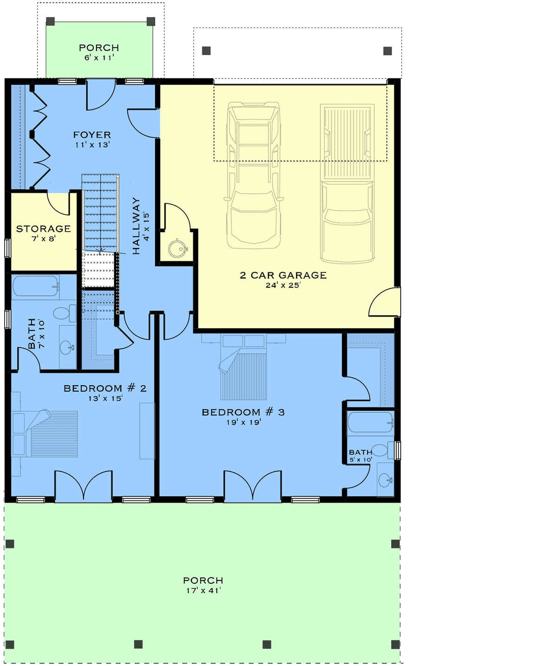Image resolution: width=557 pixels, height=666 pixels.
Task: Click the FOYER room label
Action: tap(92, 135)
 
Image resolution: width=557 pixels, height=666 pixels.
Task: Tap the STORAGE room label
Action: tap(43, 229)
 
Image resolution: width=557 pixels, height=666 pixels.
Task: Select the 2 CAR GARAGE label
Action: tap(283, 275)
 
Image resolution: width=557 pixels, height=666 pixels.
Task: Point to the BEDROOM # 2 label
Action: tap(105, 388)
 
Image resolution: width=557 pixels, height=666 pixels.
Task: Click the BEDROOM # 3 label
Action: tap(243, 412)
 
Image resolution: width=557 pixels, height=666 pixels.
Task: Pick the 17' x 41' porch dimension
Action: tap(203, 590)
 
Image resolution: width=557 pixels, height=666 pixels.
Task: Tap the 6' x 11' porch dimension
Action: tap(99, 58)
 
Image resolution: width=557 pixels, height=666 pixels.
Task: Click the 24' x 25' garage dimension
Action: tap(283, 285)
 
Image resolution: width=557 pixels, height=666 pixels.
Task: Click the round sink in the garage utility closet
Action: tap(176, 249)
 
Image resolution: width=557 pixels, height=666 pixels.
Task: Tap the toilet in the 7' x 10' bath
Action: tap(64, 313)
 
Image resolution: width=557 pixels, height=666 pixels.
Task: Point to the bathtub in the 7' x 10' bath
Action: tap(35, 286)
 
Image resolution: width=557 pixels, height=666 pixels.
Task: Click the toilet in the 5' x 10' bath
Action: tap(382, 450)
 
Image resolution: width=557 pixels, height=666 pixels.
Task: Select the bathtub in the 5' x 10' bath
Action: tap(370, 422)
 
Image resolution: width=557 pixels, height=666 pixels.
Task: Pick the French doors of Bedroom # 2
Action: tap(84, 486)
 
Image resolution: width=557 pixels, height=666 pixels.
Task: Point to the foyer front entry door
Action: tap(100, 95)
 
